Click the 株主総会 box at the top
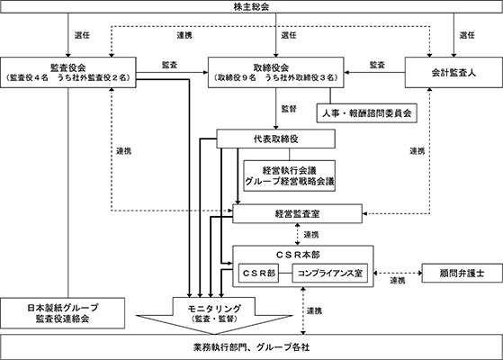point(252,6)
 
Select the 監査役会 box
point(68,73)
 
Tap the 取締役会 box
point(276,73)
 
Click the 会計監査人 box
point(454,73)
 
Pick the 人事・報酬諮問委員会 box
point(366,112)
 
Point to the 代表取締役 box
point(276,139)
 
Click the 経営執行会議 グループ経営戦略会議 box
point(290,175)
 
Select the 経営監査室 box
point(297,213)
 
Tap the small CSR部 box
point(258,273)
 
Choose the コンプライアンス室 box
point(329,273)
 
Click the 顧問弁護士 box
point(462,273)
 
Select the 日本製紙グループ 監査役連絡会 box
point(63,313)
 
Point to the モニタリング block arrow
point(214,314)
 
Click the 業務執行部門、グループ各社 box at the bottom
point(252,346)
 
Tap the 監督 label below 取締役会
point(289,109)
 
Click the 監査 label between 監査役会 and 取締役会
point(169,65)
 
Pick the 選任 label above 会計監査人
point(467,35)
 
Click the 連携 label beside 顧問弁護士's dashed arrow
point(398,281)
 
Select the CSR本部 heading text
point(298,255)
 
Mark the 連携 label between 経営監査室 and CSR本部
point(311,235)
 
